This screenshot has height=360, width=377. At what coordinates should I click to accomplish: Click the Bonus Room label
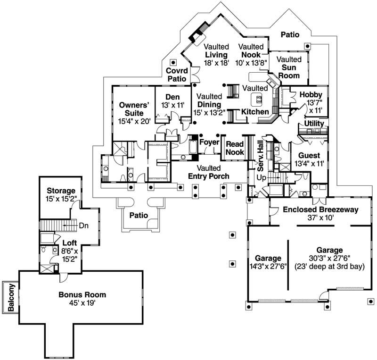[x=82, y=295]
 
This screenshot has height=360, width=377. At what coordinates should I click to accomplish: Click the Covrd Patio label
[x=177, y=75]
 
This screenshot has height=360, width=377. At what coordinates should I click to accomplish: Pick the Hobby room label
[x=311, y=95]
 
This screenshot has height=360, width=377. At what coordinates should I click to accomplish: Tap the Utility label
[x=314, y=124]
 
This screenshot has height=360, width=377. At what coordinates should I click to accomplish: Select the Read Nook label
[x=235, y=148]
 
